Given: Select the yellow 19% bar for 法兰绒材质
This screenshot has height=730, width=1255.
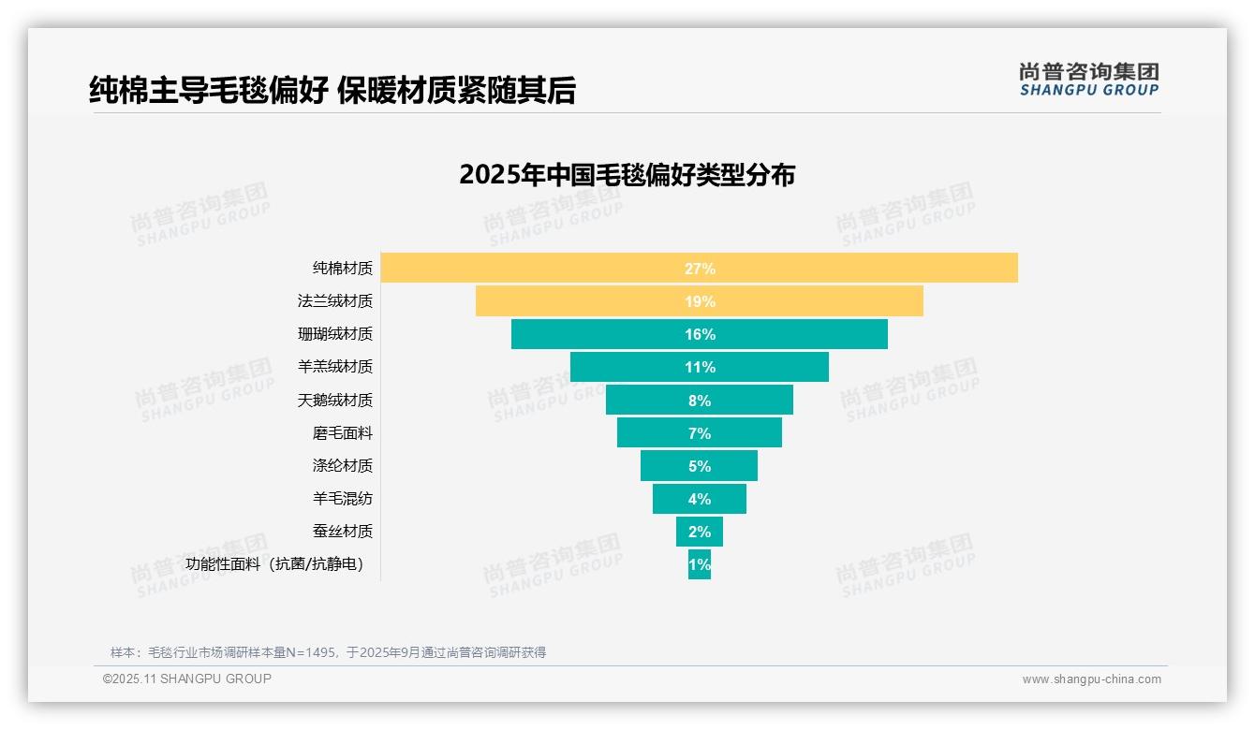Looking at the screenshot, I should coord(581,301).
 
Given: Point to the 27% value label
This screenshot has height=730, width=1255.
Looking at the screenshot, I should coord(700,269).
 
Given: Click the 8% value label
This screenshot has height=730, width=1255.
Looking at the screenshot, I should coord(700,401).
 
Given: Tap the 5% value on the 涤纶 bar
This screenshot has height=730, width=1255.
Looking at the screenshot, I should coord(700,466).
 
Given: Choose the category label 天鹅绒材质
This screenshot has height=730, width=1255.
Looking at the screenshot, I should coord(334,401).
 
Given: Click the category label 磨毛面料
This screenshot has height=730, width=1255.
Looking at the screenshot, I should coord(342,433).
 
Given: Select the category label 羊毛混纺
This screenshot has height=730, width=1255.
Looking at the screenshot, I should coord(342,499).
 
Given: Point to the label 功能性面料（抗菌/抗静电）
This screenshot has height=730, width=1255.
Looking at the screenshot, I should coord(274,564).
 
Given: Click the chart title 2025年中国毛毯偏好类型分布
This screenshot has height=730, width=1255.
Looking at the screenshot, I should coord(627,175).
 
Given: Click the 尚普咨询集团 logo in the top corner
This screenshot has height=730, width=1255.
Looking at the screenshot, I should coord(1088,80).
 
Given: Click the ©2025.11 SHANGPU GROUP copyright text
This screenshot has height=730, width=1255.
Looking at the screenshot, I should coord(186,679).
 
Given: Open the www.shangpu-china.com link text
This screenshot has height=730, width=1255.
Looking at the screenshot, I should coord(1091,679).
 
